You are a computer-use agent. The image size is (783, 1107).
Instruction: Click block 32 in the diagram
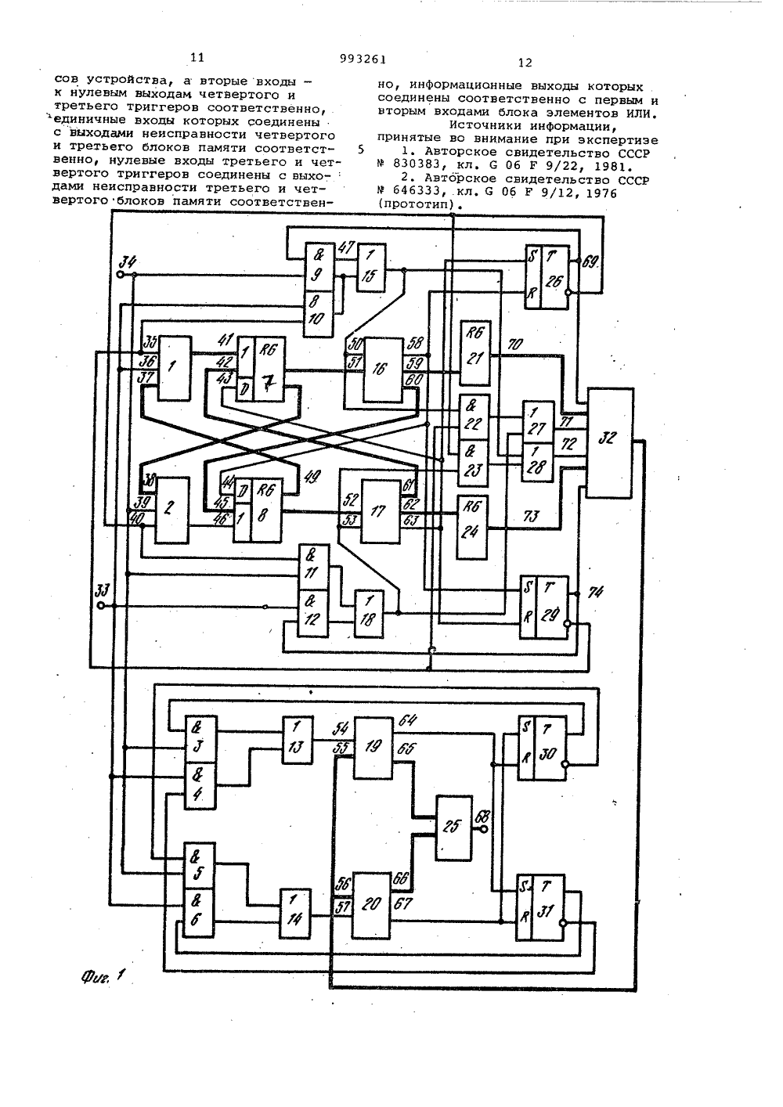tap(610, 443)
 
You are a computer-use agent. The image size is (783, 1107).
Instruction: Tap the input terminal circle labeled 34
tap(120, 275)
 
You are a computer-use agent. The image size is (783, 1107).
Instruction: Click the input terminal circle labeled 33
tap(101, 605)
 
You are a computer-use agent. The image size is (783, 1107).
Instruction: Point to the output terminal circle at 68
tap(483, 829)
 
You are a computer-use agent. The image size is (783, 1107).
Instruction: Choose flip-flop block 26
tap(547, 277)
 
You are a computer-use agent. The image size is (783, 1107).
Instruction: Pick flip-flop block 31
tap(540, 907)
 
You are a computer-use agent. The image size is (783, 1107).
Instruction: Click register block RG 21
tap(475, 353)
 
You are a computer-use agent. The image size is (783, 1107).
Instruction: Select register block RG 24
tap(471, 527)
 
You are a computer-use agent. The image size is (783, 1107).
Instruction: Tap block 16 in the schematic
tap(382, 370)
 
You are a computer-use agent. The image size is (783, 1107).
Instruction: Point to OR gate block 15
tap(372, 269)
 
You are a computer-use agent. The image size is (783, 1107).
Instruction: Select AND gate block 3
tap(200, 739)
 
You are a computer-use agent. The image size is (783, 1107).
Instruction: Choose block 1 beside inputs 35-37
tap(174, 368)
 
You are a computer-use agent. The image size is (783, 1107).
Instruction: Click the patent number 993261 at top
tap(363, 59)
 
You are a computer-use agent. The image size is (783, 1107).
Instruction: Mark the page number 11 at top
tap(197, 58)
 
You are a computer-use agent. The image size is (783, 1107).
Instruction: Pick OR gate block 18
tap(369, 614)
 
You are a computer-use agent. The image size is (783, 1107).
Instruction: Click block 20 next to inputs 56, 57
tap(370, 905)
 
